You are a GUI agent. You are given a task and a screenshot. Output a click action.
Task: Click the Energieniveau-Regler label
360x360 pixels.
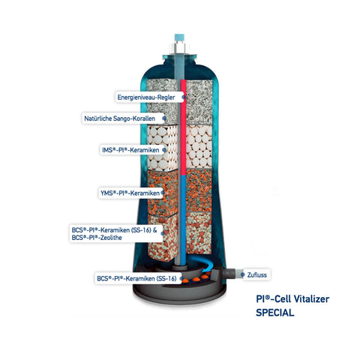point(146,97)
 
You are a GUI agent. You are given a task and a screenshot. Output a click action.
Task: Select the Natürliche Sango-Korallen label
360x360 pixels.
point(119,118)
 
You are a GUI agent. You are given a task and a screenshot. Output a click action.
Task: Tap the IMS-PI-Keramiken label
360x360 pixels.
point(130,150)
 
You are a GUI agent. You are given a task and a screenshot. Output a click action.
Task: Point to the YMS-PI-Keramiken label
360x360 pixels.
point(130,193)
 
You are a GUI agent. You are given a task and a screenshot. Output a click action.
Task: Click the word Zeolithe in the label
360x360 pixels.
point(111,238)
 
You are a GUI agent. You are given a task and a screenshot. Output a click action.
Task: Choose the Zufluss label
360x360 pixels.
point(257,275)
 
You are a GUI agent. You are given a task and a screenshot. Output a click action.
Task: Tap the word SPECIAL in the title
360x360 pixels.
point(275,313)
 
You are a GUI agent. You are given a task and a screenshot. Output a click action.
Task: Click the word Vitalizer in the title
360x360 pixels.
point(311,298)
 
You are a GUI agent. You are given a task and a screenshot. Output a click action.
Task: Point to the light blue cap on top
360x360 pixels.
point(179,37)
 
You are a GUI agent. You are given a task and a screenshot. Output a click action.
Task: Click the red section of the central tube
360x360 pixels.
point(183,127)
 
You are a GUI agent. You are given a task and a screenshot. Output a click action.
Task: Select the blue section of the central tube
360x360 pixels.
point(183,220)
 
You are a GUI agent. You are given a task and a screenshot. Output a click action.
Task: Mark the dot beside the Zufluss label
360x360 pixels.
point(242,274)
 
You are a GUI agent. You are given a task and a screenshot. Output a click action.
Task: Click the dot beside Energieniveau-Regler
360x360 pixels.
point(184,97)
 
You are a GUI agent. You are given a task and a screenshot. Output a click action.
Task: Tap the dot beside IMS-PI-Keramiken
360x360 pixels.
point(164,150)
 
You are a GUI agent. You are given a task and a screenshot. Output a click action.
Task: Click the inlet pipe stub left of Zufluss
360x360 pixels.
point(230,274)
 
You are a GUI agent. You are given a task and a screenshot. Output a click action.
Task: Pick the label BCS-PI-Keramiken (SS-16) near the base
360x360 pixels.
point(136,278)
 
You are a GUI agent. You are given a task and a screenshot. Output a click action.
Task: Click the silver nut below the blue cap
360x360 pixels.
point(179,47)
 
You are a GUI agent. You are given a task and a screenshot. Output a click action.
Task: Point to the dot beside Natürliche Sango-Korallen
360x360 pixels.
point(164,118)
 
